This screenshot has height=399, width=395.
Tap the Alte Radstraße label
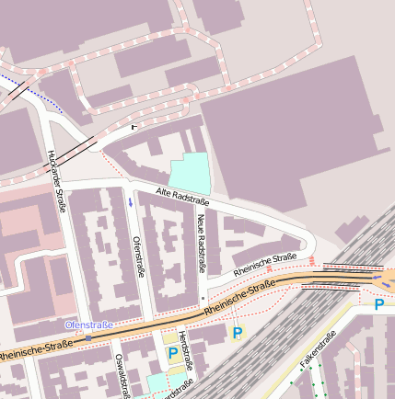(182, 196)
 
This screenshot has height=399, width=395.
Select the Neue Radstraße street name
(200, 244)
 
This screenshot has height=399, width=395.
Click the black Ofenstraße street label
(139, 256)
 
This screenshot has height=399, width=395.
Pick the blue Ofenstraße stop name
(88, 325)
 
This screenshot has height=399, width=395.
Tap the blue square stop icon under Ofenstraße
(88, 337)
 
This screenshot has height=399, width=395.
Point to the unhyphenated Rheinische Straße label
(265, 264)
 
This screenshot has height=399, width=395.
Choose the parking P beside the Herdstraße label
(172, 353)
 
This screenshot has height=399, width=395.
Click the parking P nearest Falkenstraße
(378, 304)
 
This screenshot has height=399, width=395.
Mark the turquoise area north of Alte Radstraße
(190, 171)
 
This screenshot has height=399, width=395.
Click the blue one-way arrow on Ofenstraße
(131, 201)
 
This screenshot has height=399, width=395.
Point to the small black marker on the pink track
(134, 126)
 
